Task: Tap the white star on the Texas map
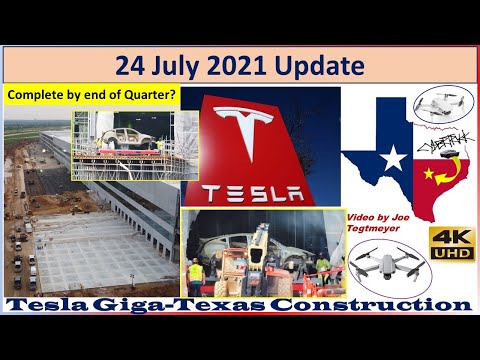(392, 157)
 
